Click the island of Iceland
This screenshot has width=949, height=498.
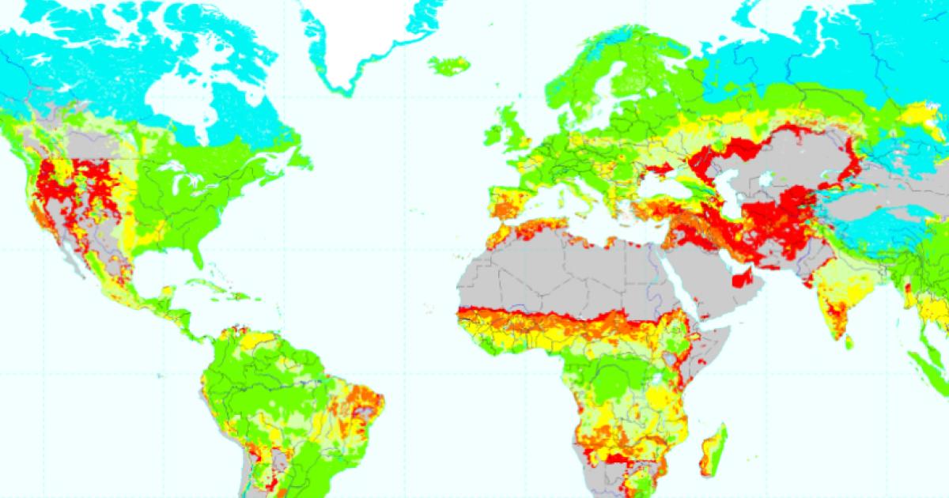click(448, 65)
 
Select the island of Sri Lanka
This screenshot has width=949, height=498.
click(848, 342)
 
